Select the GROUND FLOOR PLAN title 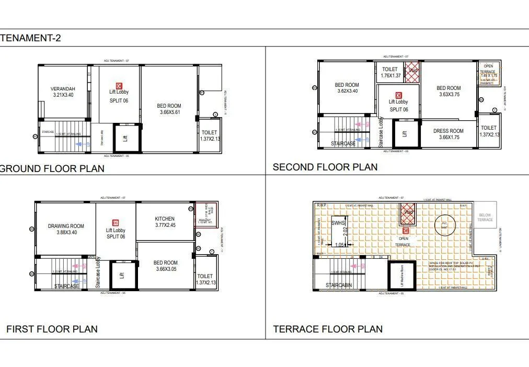(x=52, y=168)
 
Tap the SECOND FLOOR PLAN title (x=325, y=167)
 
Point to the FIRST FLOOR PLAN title (x=52, y=329)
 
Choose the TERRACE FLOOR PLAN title (x=328, y=329)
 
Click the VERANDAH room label (x=63, y=89)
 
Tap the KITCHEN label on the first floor (x=165, y=219)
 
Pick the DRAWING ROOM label (x=66, y=226)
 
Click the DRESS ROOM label (x=448, y=131)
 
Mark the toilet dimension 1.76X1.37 (x=390, y=76)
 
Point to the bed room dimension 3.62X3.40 (x=347, y=91)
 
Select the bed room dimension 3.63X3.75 (x=448, y=95)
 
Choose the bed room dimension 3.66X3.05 (x=166, y=269)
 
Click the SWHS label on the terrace (x=338, y=223)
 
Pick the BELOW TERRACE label (x=485, y=217)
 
